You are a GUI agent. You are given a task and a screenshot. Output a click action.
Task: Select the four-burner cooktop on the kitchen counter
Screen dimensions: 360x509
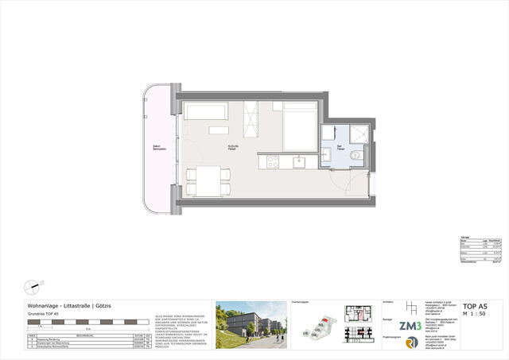pyautogui.click(x=271, y=161)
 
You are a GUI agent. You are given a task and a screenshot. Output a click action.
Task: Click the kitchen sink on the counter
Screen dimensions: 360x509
pyautogui.click(x=301, y=162)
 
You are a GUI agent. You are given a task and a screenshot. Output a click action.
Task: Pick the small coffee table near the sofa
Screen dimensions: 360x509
pyautogui.click(x=219, y=130)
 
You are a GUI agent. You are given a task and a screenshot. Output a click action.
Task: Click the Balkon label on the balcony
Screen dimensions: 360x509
pyautogui.click(x=159, y=148)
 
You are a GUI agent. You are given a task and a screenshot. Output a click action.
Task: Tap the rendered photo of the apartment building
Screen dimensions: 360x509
pyautogui.click(x=250, y=324)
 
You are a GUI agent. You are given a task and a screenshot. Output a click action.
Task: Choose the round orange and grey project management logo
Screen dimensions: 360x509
pyautogui.click(x=411, y=343)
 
